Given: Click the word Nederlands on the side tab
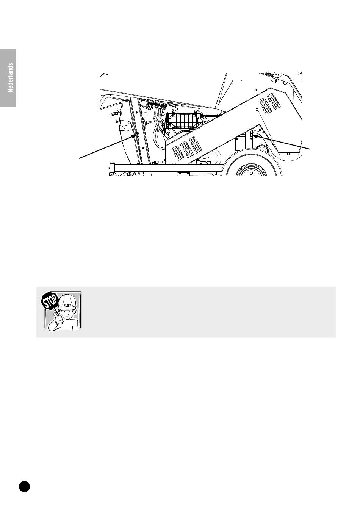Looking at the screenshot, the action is [x=10, y=78].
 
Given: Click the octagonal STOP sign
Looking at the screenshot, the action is [x=50, y=301].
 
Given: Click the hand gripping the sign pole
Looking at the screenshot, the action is [x=59, y=320].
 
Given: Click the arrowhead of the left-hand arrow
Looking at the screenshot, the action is [x=135, y=136].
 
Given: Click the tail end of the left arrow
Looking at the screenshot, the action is [x=79, y=158].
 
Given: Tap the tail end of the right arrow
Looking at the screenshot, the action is [x=310, y=149].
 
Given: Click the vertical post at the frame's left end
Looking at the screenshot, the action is [x=112, y=169].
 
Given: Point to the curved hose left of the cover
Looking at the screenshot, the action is [x=157, y=135].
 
